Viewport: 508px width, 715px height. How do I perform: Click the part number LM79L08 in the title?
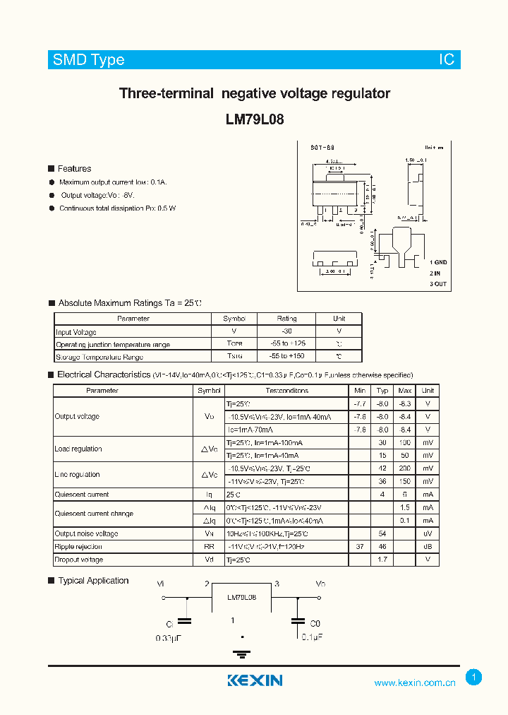[255, 119]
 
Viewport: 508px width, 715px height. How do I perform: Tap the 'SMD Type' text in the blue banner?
[88, 60]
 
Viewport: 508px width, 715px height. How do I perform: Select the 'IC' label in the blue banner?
[447, 60]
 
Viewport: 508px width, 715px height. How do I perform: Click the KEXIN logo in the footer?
[255, 680]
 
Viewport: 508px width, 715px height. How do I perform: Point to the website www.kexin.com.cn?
[414, 682]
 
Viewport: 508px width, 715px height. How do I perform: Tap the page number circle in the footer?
[474, 678]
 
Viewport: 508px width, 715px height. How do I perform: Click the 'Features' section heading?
[74, 169]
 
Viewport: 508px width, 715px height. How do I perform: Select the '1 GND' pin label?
[438, 262]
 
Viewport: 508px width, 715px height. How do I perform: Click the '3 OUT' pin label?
[438, 284]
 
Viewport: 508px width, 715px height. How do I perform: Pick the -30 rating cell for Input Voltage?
[286, 331]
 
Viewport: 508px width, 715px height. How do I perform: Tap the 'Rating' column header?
[286, 319]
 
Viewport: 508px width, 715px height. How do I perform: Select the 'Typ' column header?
[382, 391]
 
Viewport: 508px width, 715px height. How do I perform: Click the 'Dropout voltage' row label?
[79, 560]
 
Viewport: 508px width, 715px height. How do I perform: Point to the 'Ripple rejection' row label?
[78, 547]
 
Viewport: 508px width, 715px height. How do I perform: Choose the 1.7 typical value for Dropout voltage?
[382, 560]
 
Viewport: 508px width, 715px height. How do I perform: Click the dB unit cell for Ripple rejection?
[428, 547]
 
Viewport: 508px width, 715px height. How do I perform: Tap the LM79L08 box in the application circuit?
[242, 597]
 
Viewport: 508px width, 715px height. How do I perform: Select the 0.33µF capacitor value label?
[170, 638]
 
